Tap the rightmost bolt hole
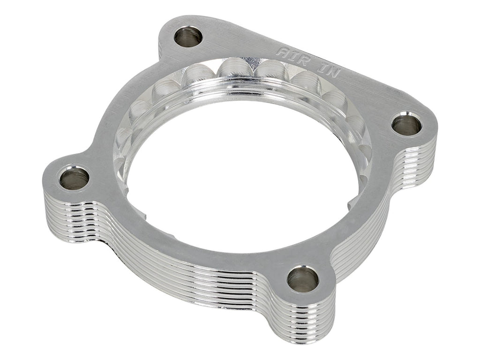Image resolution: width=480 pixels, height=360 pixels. pyautogui.click(x=406, y=125)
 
